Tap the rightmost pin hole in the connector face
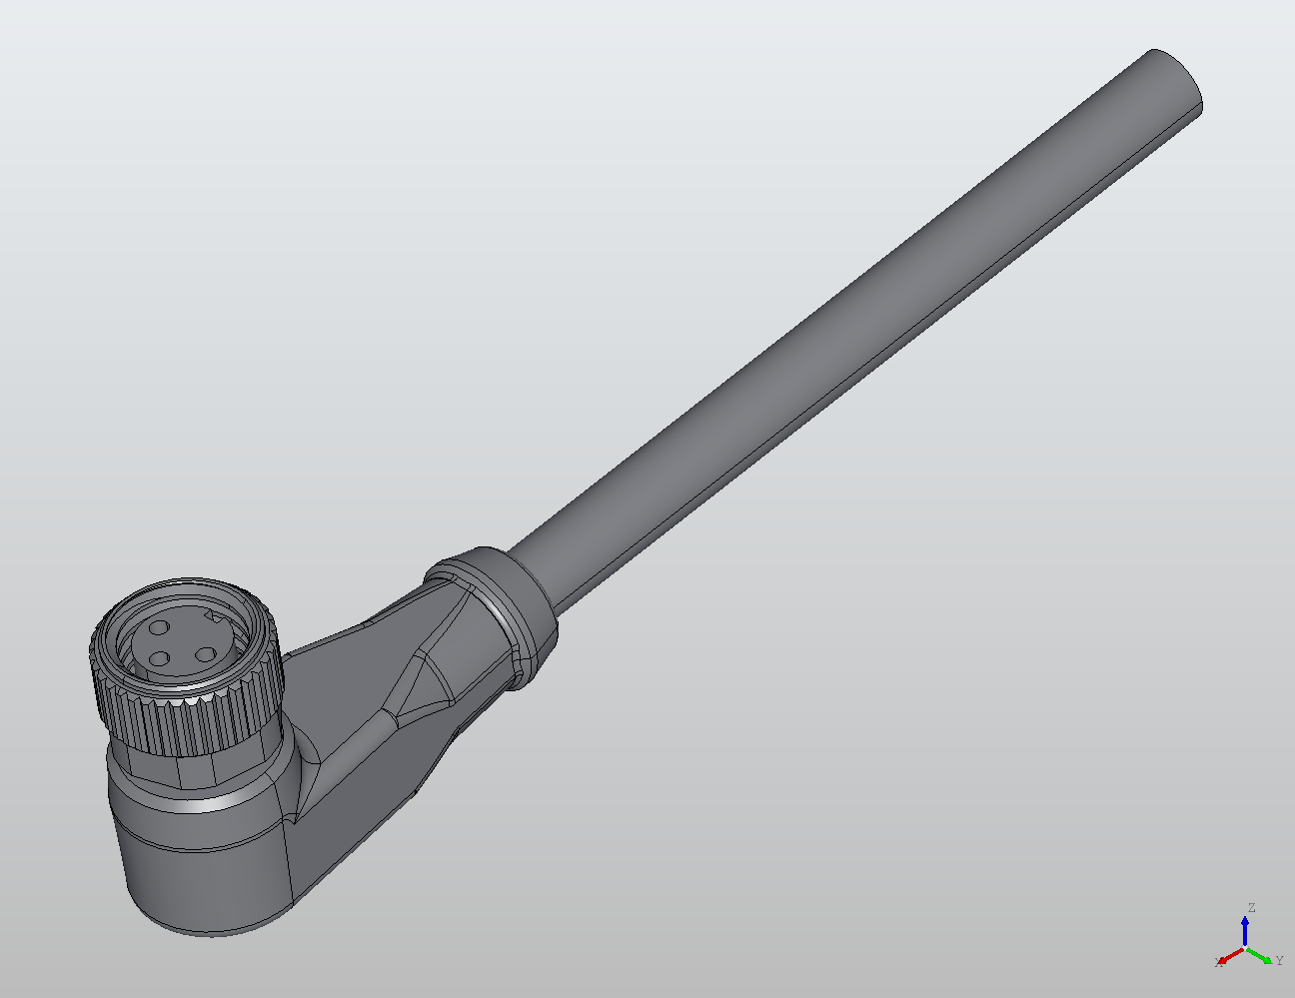pos(205,655)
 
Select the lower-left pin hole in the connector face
pos(157,659)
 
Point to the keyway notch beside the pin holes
pos(211,619)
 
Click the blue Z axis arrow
pos(1245,929)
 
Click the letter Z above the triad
pos(1250,908)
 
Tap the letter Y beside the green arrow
pos(1279,961)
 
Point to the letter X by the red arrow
pos(1218,963)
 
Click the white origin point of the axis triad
pos(1245,947)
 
